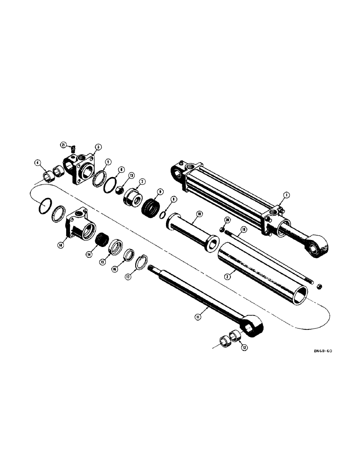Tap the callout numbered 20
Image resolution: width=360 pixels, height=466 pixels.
coord(227,220)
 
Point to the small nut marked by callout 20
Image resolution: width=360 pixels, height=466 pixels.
coord(221,228)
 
